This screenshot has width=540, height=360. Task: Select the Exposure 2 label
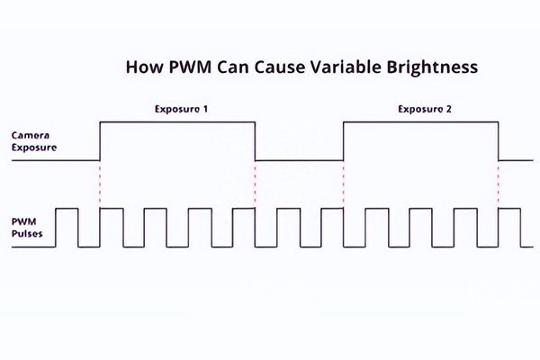coord(424,109)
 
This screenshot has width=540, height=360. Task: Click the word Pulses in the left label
coord(29,232)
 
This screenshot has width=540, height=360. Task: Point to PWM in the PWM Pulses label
coord(24,220)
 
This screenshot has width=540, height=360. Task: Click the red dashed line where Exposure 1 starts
coord(100,184)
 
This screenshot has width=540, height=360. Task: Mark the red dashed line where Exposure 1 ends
coord(256,184)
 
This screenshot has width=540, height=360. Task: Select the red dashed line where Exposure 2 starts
coord(344,184)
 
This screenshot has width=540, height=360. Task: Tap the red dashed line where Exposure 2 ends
coord(499,184)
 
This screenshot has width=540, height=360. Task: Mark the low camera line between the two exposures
coord(300,160)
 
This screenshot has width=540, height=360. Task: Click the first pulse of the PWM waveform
coord(67,210)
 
